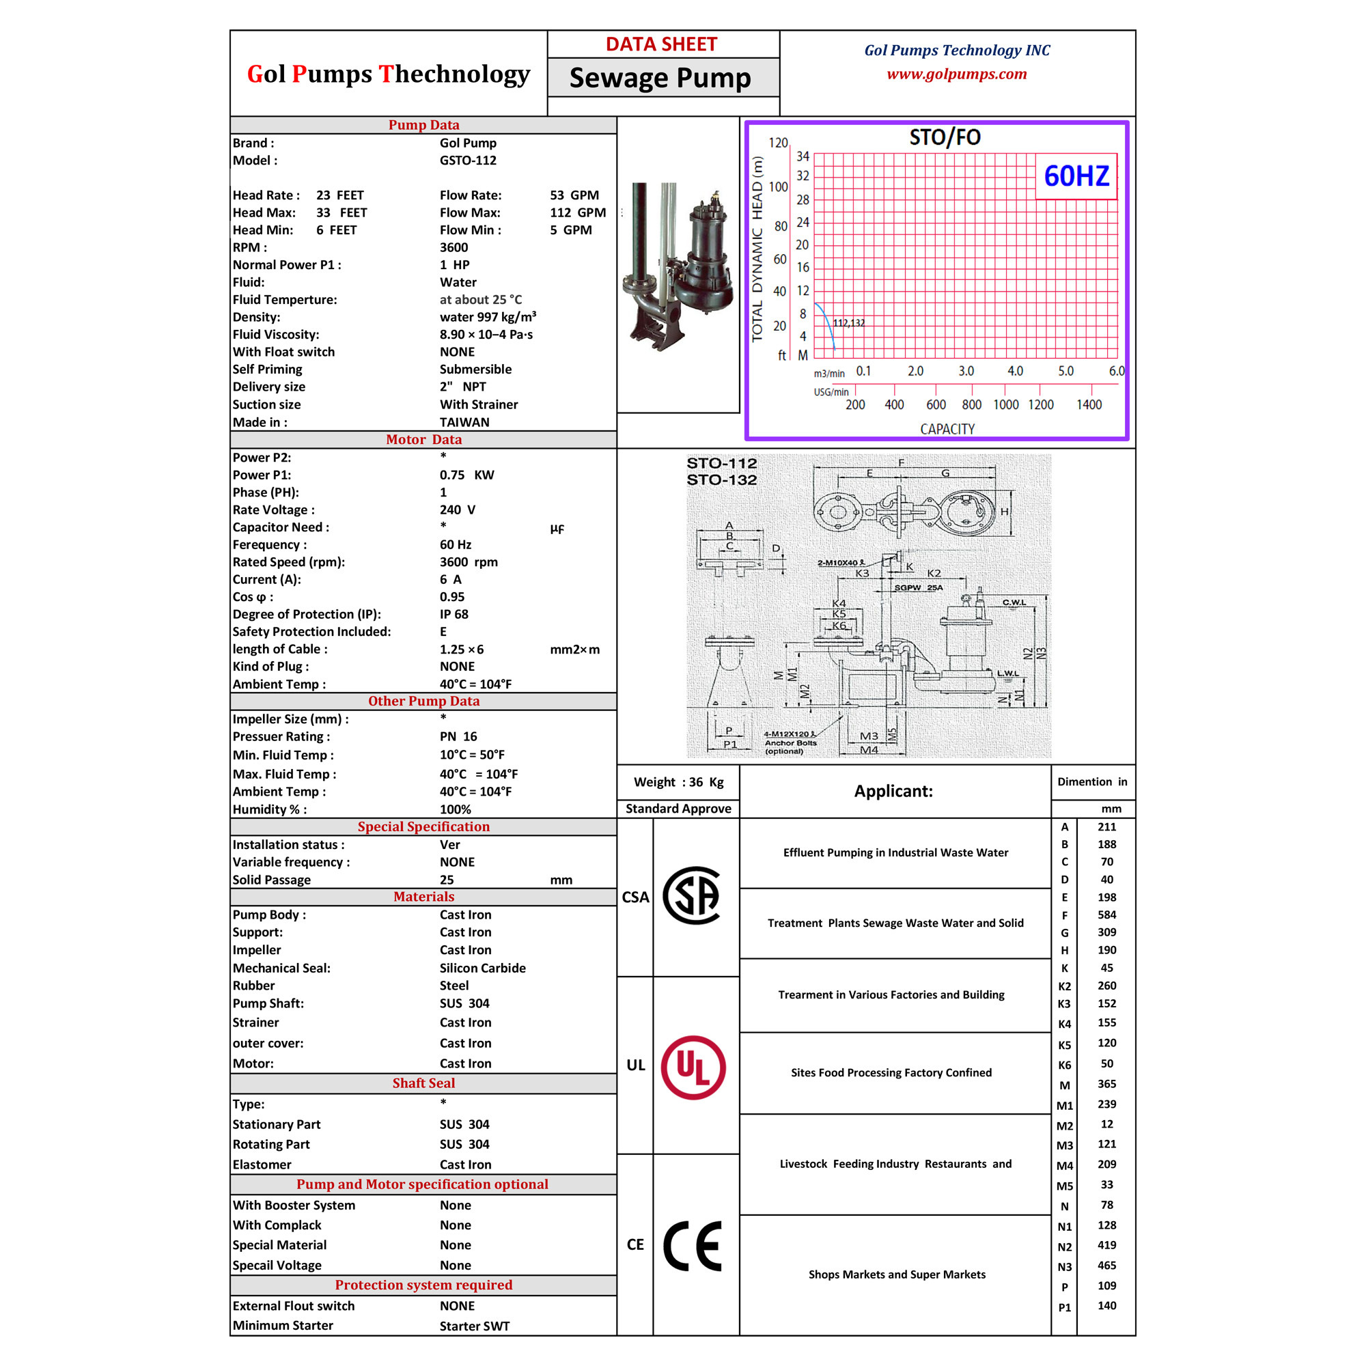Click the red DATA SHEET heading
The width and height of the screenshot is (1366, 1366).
pyautogui.click(x=661, y=44)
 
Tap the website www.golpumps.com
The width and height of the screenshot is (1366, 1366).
pyautogui.click(x=957, y=74)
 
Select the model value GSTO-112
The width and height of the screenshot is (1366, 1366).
pyautogui.click(x=468, y=161)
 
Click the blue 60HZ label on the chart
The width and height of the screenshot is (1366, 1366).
pyautogui.click(x=1076, y=176)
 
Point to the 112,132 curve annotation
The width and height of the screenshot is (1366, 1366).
pyautogui.click(x=848, y=323)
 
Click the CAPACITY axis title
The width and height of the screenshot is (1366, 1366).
pyautogui.click(x=947, y=429)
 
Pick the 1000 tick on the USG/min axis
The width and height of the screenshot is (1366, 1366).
pyautogui.click(x=1006, y=404)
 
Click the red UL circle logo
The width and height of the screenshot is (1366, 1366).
pyautogui.click(x=693, y=1068)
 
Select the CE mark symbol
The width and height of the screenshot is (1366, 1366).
pyautogui.click(x=693, y=1246)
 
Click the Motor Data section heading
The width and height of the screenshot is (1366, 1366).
pyautogui.click(x=423, y=440)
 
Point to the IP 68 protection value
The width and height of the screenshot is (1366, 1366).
pyautogui.click(x=454, y=615)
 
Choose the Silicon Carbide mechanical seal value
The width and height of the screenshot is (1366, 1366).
pyautogui.click(x=483, y=968)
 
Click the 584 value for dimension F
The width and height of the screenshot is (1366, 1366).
pyautogui.click(x=1107, y=915)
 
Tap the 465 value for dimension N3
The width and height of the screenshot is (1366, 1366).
pyautogui.click(x=1107, y=1266)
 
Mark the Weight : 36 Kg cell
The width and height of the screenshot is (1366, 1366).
pyautogui.click(x=679, y=782)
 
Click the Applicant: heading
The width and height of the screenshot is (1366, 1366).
pyautogui.click(x=893, y=791)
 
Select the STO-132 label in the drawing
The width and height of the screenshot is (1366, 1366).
pyautogui.click(x=722, y=480)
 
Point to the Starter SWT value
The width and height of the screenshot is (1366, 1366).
pyautogui.click(x=475, y=1326)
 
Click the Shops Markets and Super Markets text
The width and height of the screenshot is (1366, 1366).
pyautogui.click(x=897, y=1274)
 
